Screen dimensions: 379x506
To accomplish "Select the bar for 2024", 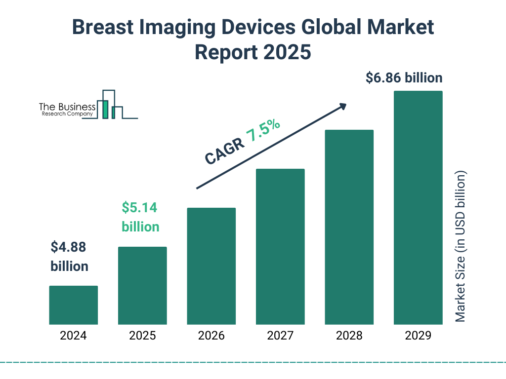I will (73, 305).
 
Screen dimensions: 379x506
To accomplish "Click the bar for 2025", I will (142, 285).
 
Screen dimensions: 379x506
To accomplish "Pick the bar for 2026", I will (211, 266).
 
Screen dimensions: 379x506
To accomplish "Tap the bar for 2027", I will (280, 247).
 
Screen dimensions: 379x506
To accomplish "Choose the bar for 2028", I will (349, 227).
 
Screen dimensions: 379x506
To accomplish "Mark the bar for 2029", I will (418, 208).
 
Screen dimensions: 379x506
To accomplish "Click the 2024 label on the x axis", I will (73, 336).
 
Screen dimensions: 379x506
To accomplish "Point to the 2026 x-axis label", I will (211, 336).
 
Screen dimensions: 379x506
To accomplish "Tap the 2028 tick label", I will (349, 336).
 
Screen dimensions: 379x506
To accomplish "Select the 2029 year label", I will (418, 336).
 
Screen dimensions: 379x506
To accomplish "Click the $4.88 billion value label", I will (69, 257).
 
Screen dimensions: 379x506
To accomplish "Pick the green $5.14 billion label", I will (140, 217).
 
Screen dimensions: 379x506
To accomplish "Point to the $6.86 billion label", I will (404, 78).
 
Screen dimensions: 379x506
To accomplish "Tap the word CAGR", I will (224, 151).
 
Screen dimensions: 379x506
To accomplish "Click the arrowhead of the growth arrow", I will (342, 106).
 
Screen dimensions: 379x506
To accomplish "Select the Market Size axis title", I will (461, 247).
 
